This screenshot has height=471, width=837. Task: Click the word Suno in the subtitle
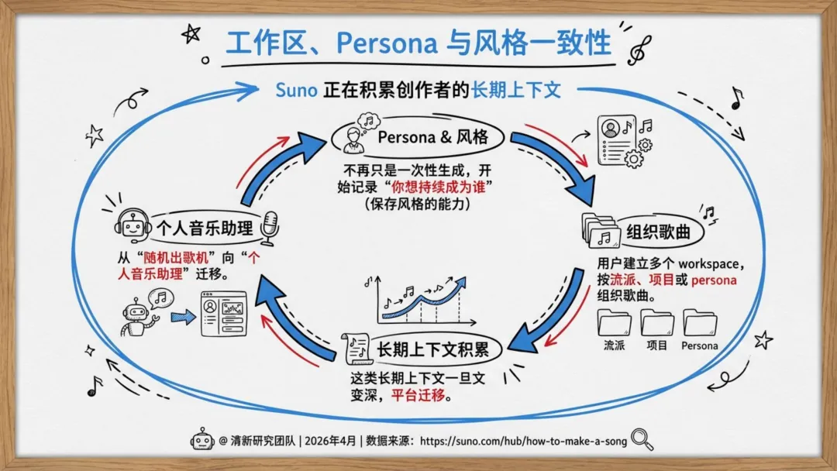coord(296,90)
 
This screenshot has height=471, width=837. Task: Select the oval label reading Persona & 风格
coord(418,138)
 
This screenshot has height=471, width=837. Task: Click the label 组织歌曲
coord(658,232)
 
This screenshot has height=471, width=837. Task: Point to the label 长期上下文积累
coord(432,349)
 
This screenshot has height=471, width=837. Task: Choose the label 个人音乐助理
coord(205,229)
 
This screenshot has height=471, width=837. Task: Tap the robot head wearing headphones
coord(131,224)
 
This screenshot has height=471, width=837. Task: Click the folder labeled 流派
coord(614,323)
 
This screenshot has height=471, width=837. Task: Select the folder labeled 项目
coord(657,323)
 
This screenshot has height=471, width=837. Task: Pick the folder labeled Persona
coord(700,323)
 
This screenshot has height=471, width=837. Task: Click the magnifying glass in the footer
coord(642,439)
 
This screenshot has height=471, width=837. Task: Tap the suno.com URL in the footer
coord(523,441)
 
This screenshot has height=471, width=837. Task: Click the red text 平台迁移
coord(418,395)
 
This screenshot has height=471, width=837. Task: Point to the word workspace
coord(708,264)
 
